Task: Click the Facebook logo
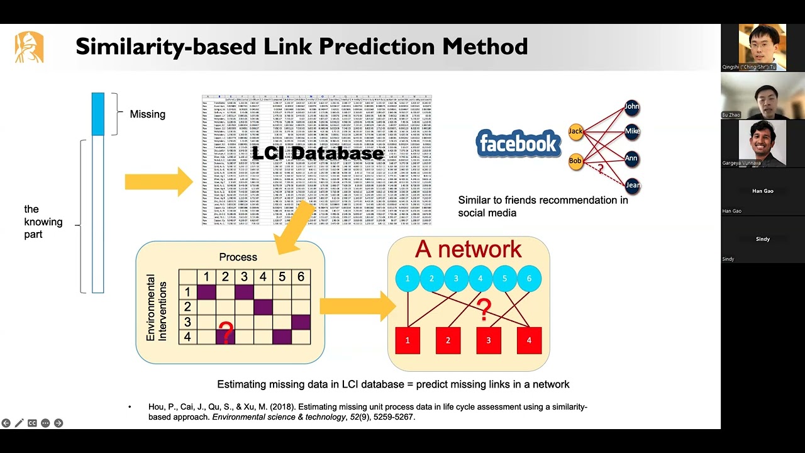point(519,143)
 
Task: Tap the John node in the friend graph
point(632,107)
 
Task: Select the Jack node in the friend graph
point(576,131)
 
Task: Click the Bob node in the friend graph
point(575,161)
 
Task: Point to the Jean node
point(633,185)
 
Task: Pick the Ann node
point(632,159)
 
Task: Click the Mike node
point(632,131)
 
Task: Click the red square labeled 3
point(489,340)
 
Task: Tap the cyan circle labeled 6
point(529,279)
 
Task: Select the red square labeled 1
point(408,340)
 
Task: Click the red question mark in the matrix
point(226,332)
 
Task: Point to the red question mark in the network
point(484,309)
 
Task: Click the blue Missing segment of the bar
point(97,114)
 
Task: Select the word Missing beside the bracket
point(147,115)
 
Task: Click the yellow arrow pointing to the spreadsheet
point(159,181)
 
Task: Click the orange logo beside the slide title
point(30,47)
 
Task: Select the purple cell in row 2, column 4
point(263,307)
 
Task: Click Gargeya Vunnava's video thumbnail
point(762,143)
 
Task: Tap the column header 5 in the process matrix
point(282,277)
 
